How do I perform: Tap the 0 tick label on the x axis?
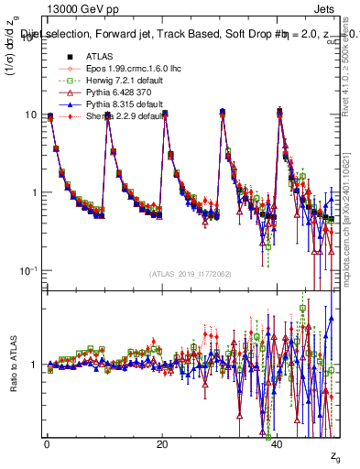click(x=46, y=444)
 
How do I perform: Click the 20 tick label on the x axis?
click(x=162, y=444)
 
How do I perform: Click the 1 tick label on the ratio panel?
click(x=34, y=365)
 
